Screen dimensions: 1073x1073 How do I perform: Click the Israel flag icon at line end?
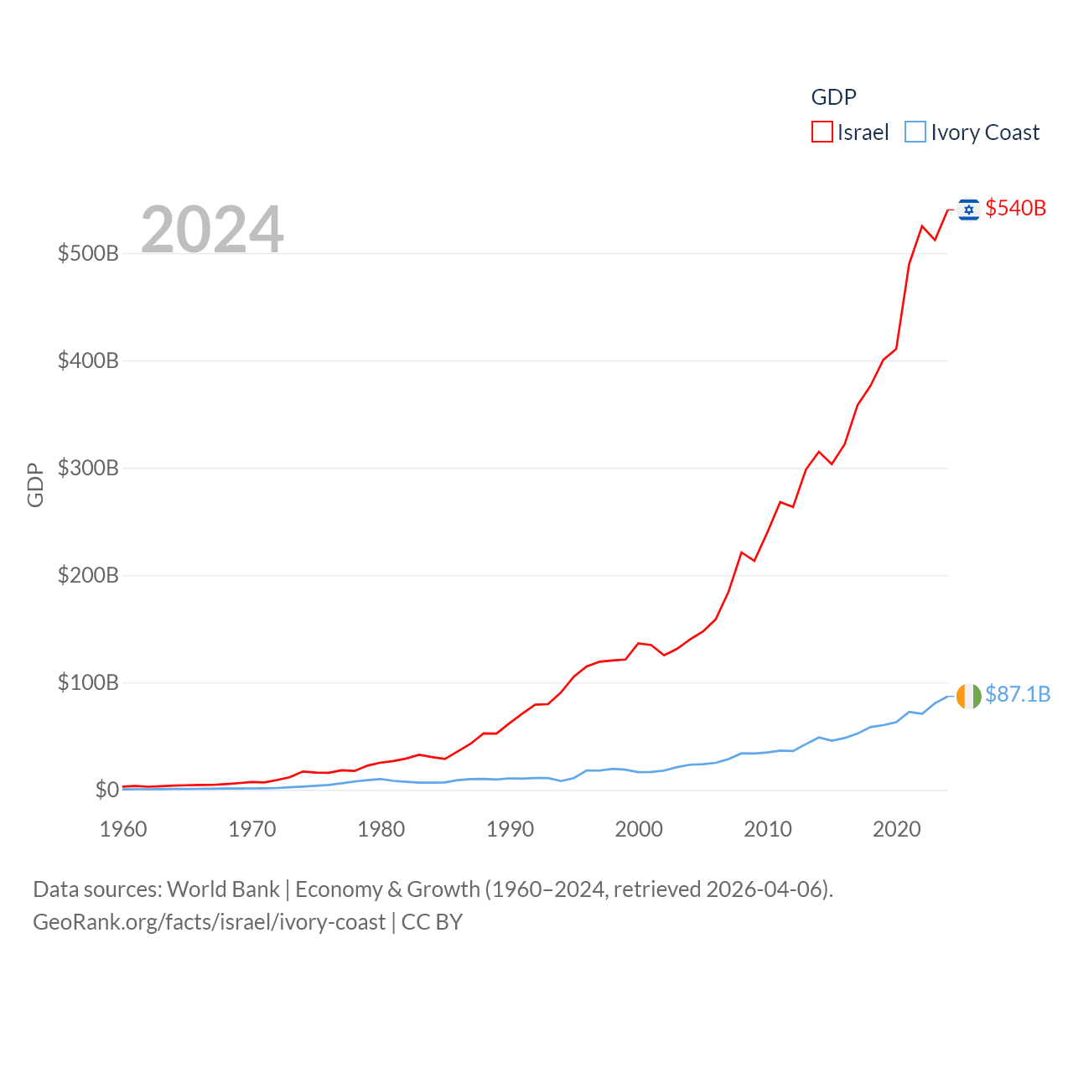(968, 209)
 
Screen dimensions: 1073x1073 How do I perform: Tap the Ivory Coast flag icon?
(968, 696)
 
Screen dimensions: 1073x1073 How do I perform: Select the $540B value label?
(1015, 208)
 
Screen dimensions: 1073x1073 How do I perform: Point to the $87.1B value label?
(1018, 694)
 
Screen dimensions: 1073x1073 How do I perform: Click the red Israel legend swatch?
(822, 132)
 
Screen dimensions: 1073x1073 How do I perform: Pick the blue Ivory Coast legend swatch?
(915, 132)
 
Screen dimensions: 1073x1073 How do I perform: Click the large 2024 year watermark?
(212, 229)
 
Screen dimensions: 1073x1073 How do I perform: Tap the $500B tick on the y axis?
(88, 253)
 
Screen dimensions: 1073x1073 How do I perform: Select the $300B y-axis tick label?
(88, 468)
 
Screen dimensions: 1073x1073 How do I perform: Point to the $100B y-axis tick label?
(88, 682)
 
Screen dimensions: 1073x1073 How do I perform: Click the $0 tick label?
(106, 790)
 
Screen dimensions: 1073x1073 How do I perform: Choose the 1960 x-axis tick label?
(123, 829)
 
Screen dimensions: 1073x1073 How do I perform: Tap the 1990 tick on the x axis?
(510, 829)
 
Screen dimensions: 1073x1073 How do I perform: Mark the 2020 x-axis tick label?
(896, 829)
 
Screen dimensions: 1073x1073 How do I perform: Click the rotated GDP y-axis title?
(35, 485)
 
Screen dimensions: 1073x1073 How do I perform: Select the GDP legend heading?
(833, 97)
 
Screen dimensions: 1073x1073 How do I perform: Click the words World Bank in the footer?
(223, 889)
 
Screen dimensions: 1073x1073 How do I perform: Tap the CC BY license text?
(432, 922)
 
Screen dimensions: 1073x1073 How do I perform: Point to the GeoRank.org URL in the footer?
(209, 922)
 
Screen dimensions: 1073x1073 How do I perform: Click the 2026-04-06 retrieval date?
(766, 889)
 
